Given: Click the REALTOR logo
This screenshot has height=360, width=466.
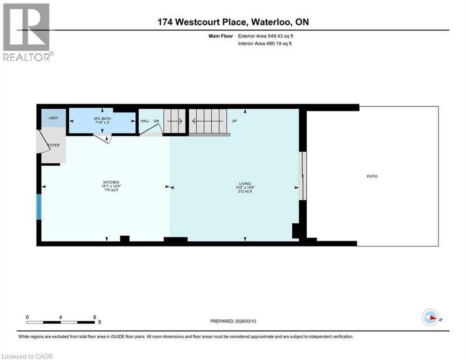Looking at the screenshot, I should coord(27,32).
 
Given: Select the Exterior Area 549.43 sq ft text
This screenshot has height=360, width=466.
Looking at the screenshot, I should coord(266,36).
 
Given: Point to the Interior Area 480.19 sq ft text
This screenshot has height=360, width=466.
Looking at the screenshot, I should coord(266,44).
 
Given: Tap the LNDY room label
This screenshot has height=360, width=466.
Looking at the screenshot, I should coord(53,118).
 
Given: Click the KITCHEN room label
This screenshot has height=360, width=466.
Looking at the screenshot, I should coord(111,182).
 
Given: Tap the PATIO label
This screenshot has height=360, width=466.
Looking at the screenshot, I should coord(372,176).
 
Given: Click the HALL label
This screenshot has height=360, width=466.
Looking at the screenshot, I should coord(145,121).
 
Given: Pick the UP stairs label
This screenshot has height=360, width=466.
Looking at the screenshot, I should coord(234,121).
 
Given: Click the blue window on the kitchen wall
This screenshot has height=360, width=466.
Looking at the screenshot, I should coord(39,207).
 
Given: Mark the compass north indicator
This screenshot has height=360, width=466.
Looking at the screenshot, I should coord(430,318).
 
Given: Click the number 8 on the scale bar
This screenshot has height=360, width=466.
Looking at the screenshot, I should coord(95,317).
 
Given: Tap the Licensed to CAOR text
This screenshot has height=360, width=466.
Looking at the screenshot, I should coord(27,356).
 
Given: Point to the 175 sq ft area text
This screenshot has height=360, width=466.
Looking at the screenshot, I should coord(111,190).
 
